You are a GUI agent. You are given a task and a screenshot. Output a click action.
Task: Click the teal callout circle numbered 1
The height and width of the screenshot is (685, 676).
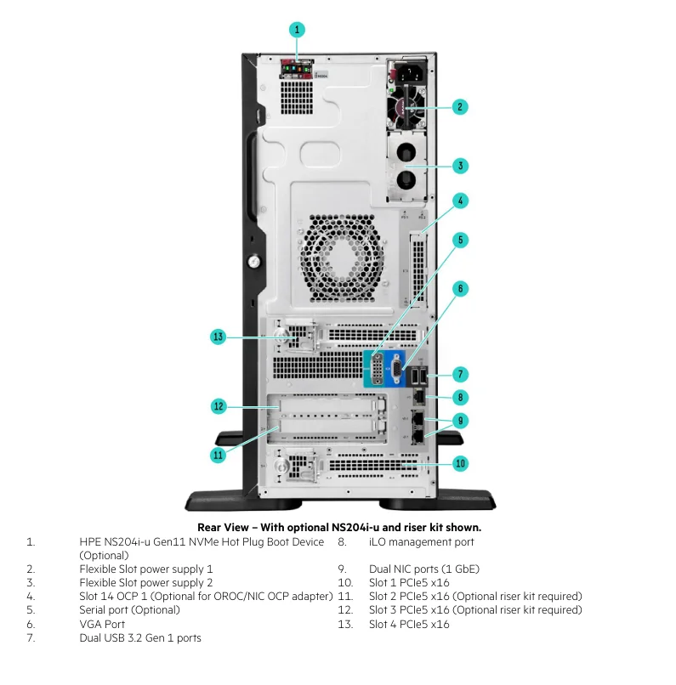pyautogui.click(x=297, y=29)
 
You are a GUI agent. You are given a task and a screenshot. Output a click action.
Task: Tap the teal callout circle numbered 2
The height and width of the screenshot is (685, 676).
pyautogui.click(x=459, y=106)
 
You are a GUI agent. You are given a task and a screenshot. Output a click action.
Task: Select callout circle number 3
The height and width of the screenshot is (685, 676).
pyautogui.click(x=459, y=166)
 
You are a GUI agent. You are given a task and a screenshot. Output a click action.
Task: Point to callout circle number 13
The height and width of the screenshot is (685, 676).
pyautogui.click(x=219, y=337)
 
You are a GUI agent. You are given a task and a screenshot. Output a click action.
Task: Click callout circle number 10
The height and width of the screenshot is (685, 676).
pyautogui.click(x=459, y=463)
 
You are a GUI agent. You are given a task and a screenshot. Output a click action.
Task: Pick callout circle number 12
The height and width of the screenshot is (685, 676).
pyautogui.click(x=219, y=406)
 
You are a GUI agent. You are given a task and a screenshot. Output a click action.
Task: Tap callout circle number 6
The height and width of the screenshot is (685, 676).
pyautogui.click(x=459, y=288)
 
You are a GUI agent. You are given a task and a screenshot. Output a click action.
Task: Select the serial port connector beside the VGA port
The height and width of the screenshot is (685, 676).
pyautogui.click(x=374, y=371)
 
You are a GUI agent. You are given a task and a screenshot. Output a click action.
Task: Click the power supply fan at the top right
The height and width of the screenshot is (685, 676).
pyautogui.click(x=406, y=108)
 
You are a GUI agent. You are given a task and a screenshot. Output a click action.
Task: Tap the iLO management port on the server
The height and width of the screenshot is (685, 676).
pyautogui.click(x=419, y=397)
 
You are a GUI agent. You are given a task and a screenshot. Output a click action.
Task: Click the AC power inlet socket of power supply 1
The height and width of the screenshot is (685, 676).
pyautogui.click(x=406, y=71)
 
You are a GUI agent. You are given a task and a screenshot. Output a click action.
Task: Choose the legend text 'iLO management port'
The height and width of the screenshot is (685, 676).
pyautogui.click(x=421, y=541)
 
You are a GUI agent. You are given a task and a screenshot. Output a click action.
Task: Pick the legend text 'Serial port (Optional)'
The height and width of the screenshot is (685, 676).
pyautogui.click(x=129, y=609)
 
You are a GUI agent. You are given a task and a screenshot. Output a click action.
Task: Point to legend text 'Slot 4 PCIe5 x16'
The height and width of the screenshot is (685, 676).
pyautogui.click(x=409, y=624)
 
